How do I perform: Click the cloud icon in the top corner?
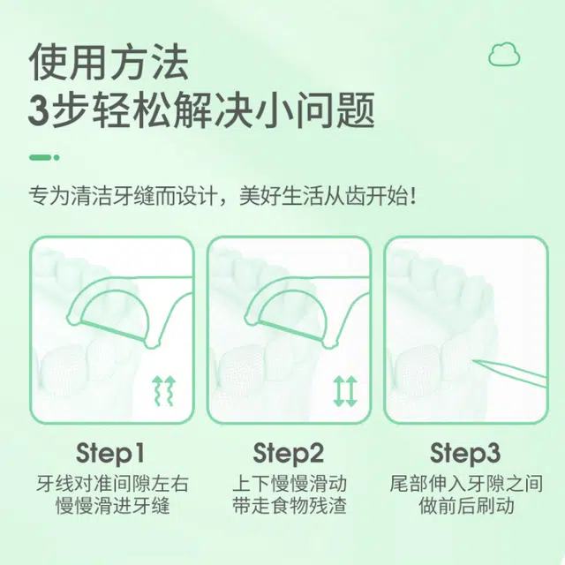pyautogui.click(x=504, y=54)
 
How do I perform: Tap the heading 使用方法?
pyautogui.click(x=109, y=62)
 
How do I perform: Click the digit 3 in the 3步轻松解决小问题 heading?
pyautogui.click(x=39, y=110)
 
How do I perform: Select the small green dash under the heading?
pyautogui.click(x=44, y=157)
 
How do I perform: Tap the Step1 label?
pyautogui.click(x=110, y=453)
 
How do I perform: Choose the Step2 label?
pyautogui.click(x=289, y=453)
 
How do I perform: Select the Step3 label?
pyautogui.click(x=465, y=453)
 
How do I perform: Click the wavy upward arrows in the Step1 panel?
pyautogui.click(x=164, y=391)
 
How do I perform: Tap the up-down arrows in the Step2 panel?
pyautogui.click(x=345, y=391)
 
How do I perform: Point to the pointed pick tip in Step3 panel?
pyautogui.click(x=473, y=361)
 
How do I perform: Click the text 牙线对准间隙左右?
pyautogui.click(x=112, y=484)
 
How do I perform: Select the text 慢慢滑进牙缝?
pyautogui.click(x=112, y=506)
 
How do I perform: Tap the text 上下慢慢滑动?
pyautogui.click(x=290, y=484)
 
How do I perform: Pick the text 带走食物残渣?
pyautogui.click(x=290, y=506)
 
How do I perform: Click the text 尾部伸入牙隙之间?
pyautogui.click(x=466, y=484)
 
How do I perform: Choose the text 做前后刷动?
pyautogui.click(x=466, y=506)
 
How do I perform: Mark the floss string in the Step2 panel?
pyautogui.click(x=290, y=331)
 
